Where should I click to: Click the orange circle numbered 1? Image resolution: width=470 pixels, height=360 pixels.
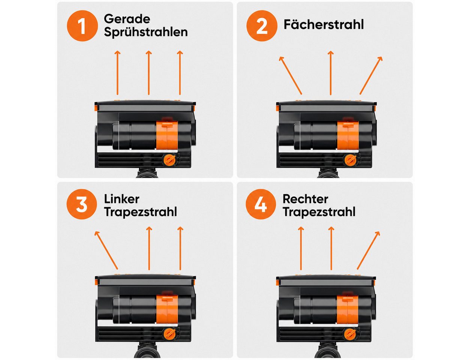pyautogui.click(x=82, y=26)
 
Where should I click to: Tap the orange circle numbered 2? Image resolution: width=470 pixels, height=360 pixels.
pyautogui.click(x=262, y=26)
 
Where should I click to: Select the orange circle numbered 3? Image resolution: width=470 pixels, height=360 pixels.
pyautogui.click(x=82, y=204)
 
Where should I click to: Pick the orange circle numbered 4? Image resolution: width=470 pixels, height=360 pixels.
pyautogui.click(x=261, y=204)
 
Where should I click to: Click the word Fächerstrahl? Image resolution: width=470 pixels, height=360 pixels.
pyautogui.click(x=323, y=24)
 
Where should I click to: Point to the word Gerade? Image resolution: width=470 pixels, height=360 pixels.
pyautogui.click(x=127, y=19)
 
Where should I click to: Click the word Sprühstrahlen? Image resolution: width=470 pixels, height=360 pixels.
pyautogui.click(x=146, y=32)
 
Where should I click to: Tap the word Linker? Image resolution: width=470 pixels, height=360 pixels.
pyautogui.click(x=121, y=199)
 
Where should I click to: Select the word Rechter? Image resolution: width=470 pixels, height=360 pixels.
pyautogui.click(x=305, y=199)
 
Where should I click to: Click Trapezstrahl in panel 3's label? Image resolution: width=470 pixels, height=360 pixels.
pyautogui.click(x=141, y=211)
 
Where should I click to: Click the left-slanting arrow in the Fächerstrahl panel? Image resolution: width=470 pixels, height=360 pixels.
pyautogui.click(x=290, y=75)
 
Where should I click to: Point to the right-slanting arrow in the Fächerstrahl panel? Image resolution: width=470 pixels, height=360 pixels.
pyautogui.click(x=371, y=75)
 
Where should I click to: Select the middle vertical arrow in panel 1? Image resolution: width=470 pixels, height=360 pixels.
pyautogui.click(x=148, y=73)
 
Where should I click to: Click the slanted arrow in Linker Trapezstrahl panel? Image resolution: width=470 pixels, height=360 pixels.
pyautogui.click(x=106, y=250)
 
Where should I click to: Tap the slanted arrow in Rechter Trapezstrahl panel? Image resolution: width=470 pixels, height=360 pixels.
pyautogui.click(x=368, y=250)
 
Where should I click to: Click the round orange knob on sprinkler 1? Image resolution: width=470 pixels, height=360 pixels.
pyautogui.click(x=169, y=160)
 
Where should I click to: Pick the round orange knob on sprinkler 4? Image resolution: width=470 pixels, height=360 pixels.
pyautogui.click(x=350, y=334)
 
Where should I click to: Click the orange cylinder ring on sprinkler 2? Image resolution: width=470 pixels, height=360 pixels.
pyautogui.click(x=348, y=135)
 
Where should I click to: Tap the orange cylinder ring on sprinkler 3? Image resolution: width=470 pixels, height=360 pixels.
pyautogui.click(x=167, y=310)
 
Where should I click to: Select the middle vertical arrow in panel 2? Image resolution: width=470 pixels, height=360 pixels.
pyautogui.click(x=331, y=73)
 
